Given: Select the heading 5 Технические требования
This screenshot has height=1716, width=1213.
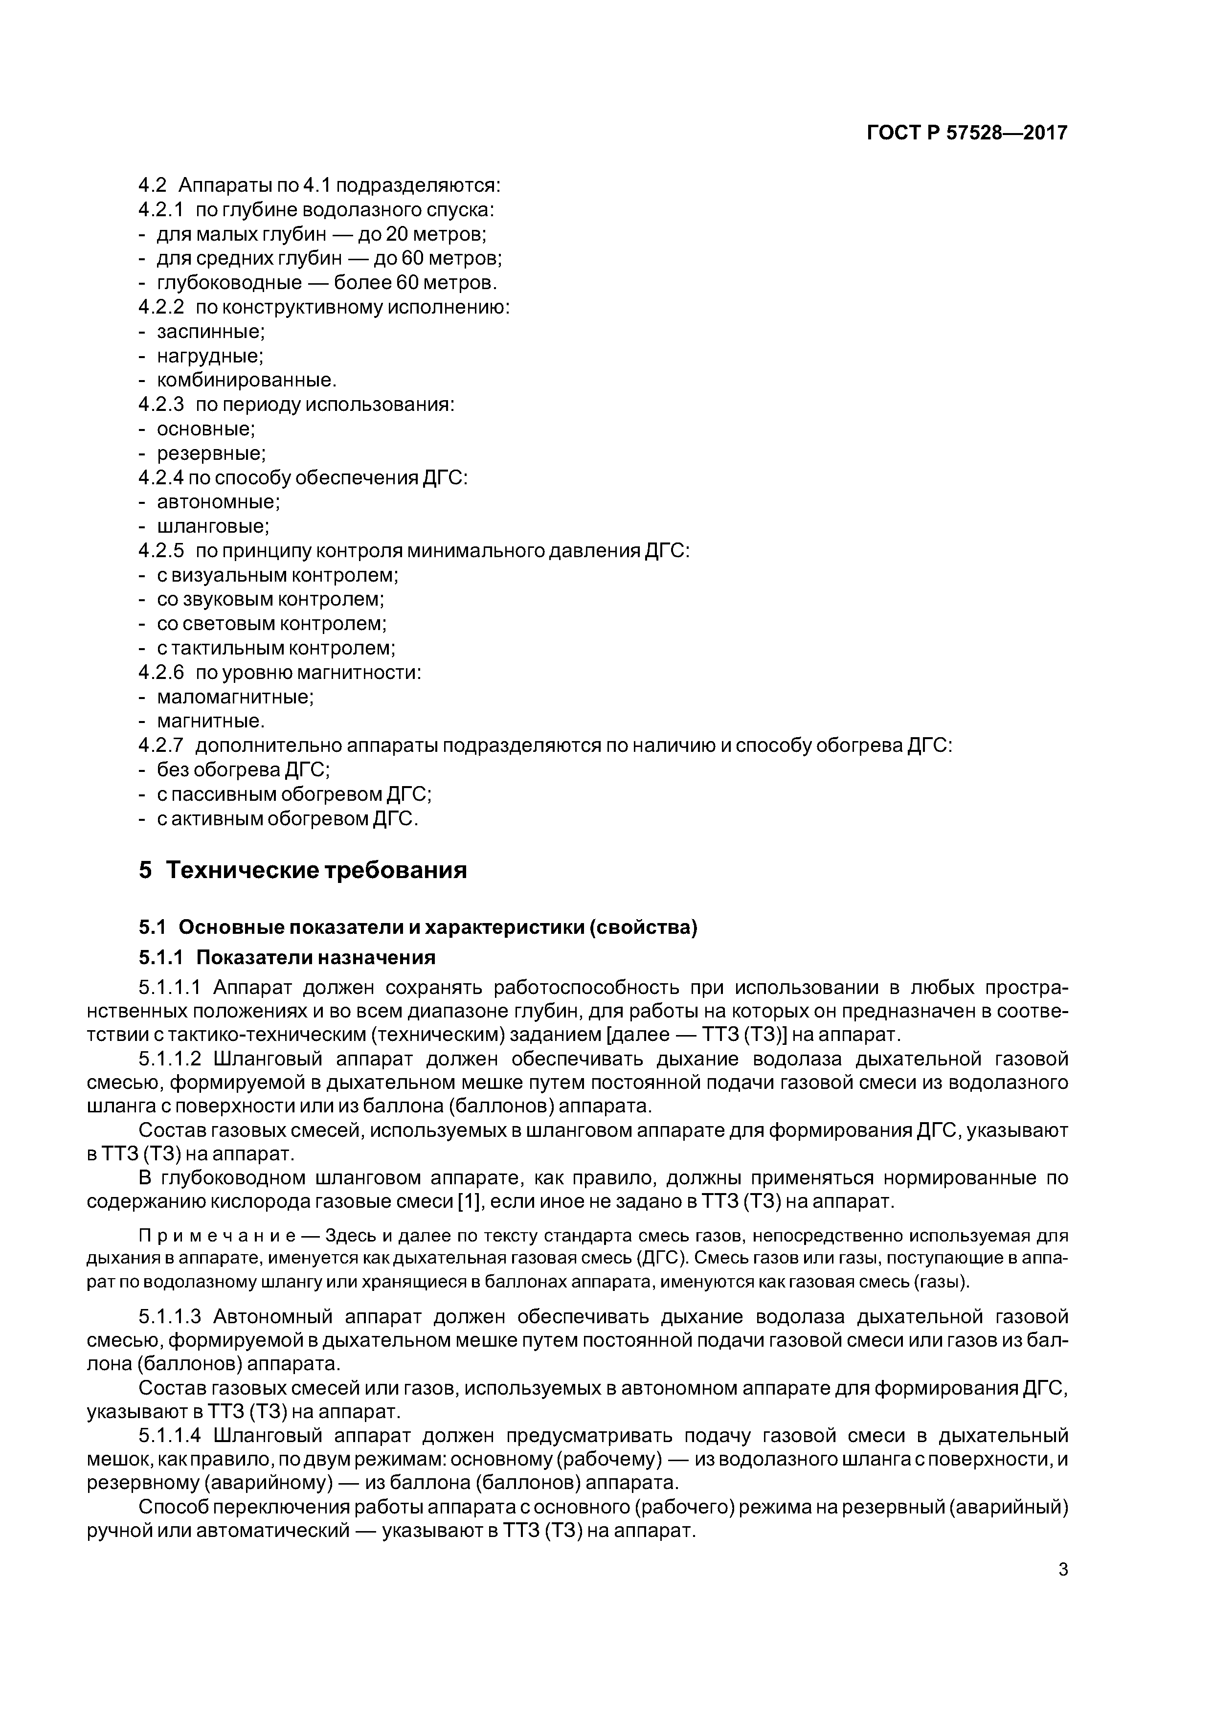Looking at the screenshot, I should point(303,870).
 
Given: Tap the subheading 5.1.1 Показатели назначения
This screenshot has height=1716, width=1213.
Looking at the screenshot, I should point(287,957).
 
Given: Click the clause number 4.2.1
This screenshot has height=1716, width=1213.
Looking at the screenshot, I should point(161,210).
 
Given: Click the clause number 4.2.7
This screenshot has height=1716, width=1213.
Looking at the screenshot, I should point(161,745).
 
